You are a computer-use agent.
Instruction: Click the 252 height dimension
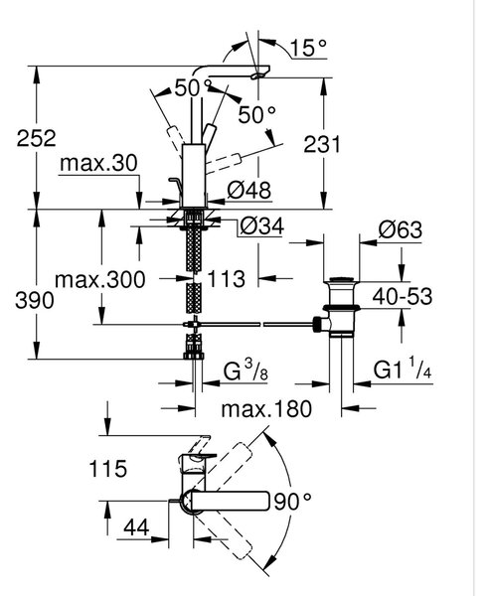click(36, 138)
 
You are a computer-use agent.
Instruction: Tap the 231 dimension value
click(322, 144)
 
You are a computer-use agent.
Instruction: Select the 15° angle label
click(308, 48)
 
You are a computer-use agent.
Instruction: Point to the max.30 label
click(98, 163)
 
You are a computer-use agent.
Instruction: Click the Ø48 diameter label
click(249, 190)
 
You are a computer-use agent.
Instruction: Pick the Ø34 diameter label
click(262, 226)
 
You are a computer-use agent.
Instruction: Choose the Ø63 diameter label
click(401, 229)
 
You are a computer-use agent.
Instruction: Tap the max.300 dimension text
click(100, 280)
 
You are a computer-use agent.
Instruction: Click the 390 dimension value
click(35, 301)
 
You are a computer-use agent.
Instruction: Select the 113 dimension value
click(227, 279)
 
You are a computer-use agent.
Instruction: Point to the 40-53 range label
click(403, 296)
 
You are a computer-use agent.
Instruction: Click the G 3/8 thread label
click(246, 371)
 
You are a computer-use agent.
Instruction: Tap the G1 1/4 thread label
click(403, 368)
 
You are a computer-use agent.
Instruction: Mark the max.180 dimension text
click(266, 409)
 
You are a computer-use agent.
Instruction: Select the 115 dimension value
click(108, 468)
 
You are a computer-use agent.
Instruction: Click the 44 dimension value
click(136, 527)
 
